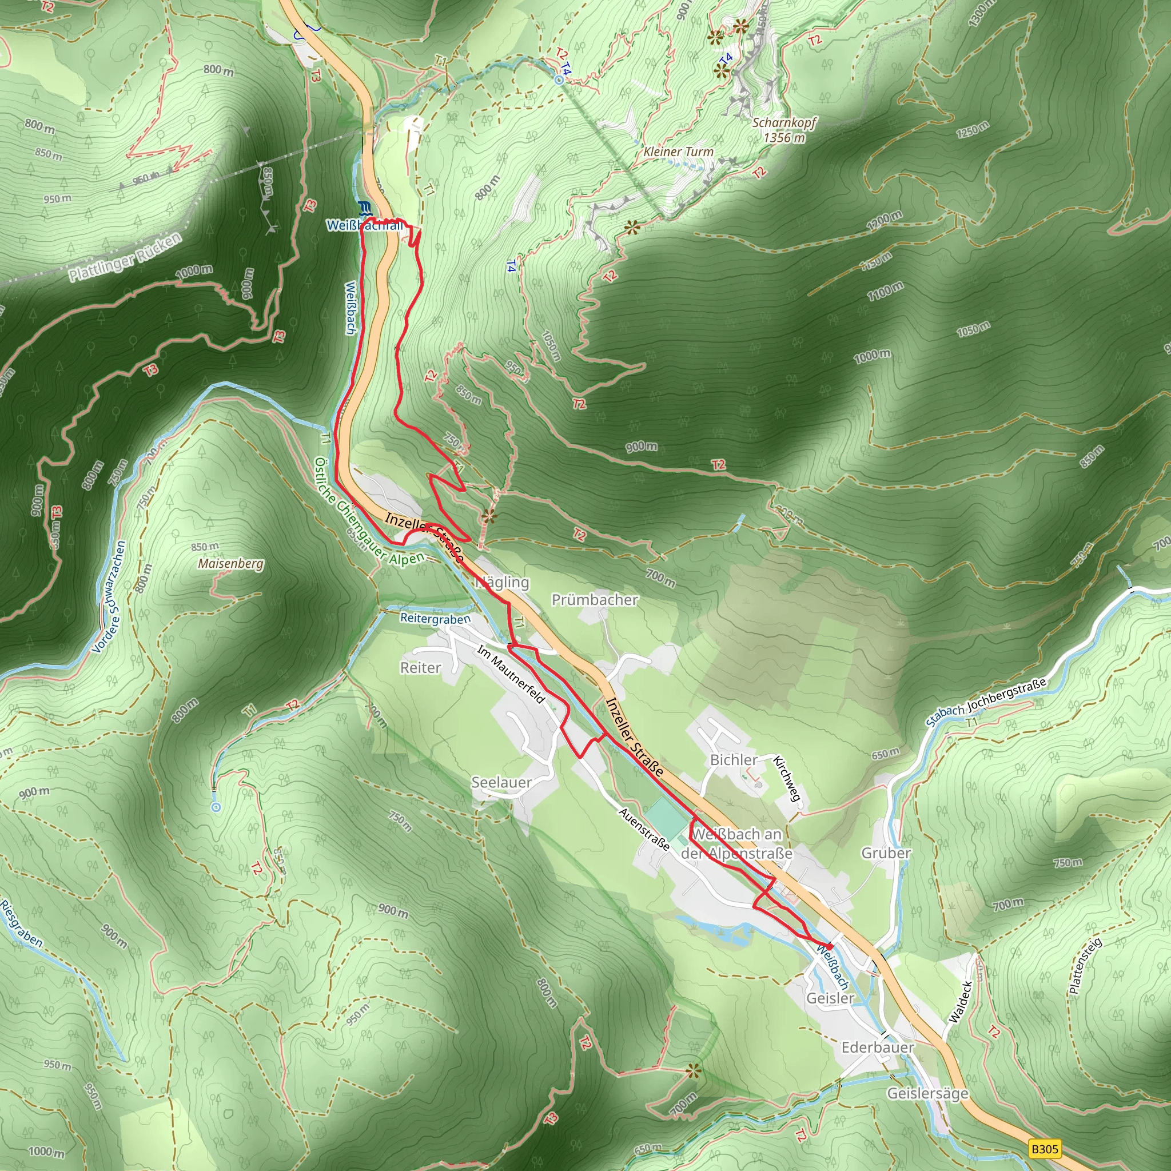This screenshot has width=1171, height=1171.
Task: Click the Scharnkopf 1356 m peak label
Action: click(784, 130)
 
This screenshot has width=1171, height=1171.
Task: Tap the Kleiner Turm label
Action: click(678, 152)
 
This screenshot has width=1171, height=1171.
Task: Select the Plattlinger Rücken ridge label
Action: click(124, 258)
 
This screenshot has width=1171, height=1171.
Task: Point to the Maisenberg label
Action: click(231, 563)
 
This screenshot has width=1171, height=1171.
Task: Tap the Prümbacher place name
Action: click(595, 599)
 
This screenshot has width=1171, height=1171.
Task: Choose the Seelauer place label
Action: click(501, 783)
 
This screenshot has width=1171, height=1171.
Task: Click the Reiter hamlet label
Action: click(420, 667)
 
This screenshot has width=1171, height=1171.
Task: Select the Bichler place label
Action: click(734, 759)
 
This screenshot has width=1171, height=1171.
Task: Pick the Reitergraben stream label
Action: click(435, 618)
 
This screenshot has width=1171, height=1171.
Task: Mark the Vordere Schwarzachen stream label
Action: click(109, 596)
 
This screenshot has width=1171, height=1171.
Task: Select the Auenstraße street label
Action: click(644, 829)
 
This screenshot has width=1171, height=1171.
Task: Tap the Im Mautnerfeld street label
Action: click(511, 674)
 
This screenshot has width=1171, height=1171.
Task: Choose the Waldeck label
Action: click(959, 1002)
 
